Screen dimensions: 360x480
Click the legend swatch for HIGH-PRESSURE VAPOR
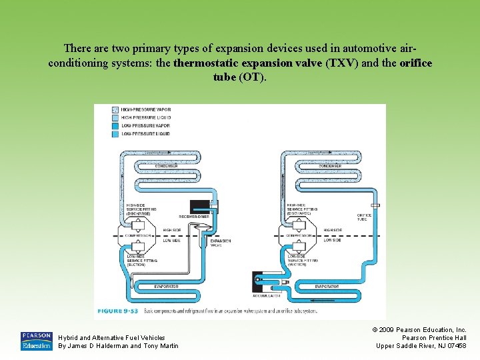coord(115,109)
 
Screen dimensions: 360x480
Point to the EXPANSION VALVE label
coord(221,243)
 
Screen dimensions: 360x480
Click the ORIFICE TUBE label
coord(364,217)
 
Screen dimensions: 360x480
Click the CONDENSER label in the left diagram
coord(165,165)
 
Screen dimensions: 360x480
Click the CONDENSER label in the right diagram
coord(331,165)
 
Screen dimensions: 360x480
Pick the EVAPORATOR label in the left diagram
coord(166,286)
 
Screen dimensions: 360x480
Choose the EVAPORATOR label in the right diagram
coord(327,286)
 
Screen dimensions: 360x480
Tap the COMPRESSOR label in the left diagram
coord(140,235)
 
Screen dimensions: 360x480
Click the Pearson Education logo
coord(36,341)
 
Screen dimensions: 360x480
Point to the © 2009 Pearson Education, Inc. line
coord(422,330)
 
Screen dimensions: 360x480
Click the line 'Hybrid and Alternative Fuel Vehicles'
coord(111,338)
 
